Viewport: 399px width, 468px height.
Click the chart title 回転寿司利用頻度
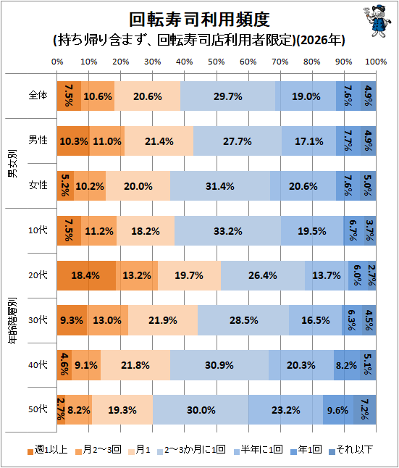coord(199,20)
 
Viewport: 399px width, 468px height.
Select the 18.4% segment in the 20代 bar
coord(86,275)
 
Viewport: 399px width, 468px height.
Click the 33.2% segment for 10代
coord(227,230)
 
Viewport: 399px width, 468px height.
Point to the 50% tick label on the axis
coord(217,62)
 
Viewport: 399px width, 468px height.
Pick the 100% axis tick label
coord(376,62)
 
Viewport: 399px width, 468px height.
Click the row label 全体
coord(38,96)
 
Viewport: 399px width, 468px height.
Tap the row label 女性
coord(38,185)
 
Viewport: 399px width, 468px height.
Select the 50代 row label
coord(38,409)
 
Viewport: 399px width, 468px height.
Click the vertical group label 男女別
coord(12,163)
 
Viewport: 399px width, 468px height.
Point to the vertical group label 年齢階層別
coord(12,320)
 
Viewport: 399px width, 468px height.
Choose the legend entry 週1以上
coord(48,449)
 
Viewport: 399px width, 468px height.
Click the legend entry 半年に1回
coord(258,449)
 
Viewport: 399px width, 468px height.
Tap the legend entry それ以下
coord(351,449)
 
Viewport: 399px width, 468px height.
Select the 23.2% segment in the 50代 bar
coord(286,409)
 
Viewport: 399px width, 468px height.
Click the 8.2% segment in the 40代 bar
coord(347,365)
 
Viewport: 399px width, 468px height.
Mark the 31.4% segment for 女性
coord(220,186)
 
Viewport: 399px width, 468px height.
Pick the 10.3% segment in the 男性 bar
coord(73,141)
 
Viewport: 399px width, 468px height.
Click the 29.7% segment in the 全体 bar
coord(227,96)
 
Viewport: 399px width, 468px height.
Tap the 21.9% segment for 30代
coord(163,320)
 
